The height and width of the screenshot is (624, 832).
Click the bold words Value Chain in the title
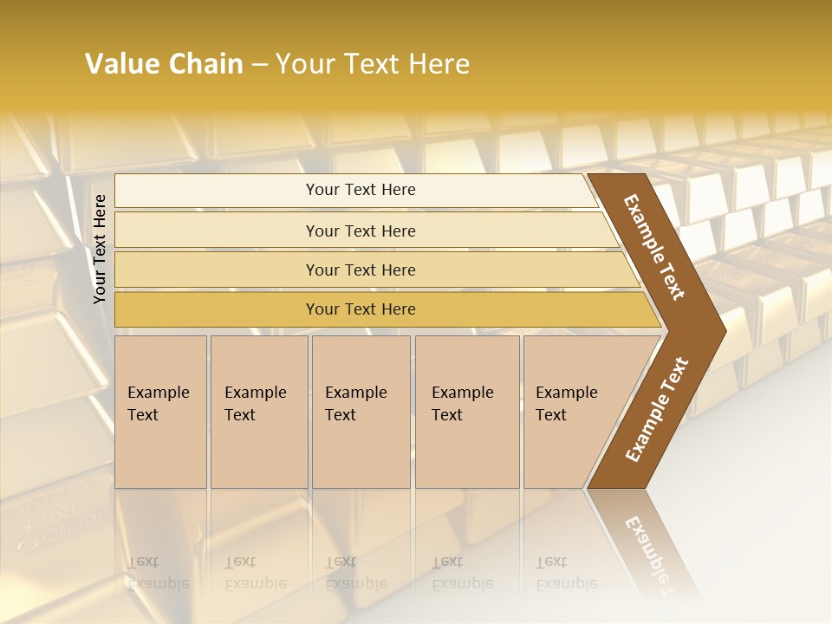[x=164, y=64]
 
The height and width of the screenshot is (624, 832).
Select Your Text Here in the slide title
[x=373, y=64]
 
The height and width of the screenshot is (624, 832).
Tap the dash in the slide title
[x=259, y=65]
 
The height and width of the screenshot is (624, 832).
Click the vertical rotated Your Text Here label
[x=100, y=249]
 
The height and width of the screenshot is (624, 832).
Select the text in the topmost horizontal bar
[x=361, y=190]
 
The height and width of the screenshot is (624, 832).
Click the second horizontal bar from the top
[x=361, y=231]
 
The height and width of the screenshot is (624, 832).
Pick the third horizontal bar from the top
[x=361, y=270]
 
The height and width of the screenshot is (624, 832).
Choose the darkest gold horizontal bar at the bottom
[x=361, y=309]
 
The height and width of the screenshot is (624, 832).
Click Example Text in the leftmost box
[x=158, y=403]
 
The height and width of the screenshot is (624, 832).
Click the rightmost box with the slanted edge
[x=572, y=412]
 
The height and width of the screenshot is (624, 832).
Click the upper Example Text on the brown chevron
[x=654, y=247]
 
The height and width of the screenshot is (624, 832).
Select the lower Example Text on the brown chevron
[x=657, y=409]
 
